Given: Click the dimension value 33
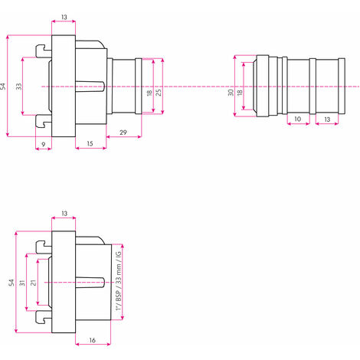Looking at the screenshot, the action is [19, 87].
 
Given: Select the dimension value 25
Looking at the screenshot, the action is [159, 92].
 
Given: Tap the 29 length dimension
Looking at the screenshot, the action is [123, 133].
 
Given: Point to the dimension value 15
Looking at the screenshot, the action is [90, 143].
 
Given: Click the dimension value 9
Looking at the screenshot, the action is [44, 145].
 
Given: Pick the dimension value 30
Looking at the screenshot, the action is [231, 93].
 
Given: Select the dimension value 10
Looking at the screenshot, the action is [298, 119].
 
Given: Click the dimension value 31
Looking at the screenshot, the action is [22, 283].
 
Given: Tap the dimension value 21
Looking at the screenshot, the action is [34, 283].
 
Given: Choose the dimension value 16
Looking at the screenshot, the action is [92, 340].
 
